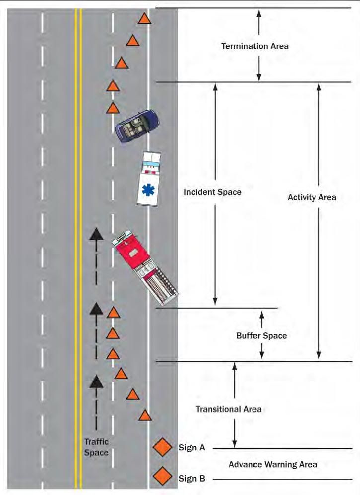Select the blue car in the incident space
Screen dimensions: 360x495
click(137, 126)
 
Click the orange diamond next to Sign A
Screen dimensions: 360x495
click(162, 447)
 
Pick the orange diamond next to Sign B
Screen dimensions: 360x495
click(162, 476)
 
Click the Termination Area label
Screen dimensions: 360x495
click(255, 46)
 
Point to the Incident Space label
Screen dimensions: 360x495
click(213, 192)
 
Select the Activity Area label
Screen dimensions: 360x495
click(312, 197)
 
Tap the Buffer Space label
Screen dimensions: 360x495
click(262, 335)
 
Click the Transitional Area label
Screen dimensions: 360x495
click(228, 409)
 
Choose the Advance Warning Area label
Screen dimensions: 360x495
click(273, 464)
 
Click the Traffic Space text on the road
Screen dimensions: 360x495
click(96, 447)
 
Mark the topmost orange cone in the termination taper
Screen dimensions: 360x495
click(144, 18)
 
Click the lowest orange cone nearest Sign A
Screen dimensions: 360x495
click(145, 415)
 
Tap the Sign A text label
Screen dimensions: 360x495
click(192, 447)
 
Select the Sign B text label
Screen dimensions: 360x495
click(192, 479)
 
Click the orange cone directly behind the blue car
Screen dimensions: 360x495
click(113, 108)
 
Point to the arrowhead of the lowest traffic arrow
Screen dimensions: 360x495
click(96, 382)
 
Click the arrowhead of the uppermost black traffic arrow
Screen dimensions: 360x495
click(96, 235)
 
